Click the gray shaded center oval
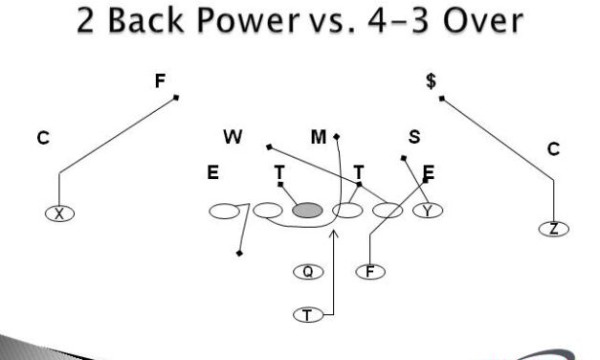pyautogui.click(x=307, y=211)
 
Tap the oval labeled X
pyautogui.click(x=59, y=214)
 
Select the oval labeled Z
pyautogui.click(x=553, y=229)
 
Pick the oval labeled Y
pyautogui.click(x=428, y=211)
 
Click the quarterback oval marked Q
pyautogui.click(x=308, y=272)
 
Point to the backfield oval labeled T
pyautogui.click(x=308, y=313)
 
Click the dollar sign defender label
pyautogui.click(x=432, y=81)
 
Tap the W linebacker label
pyautogui.click(x=233, y=137)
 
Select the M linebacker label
pyautogui.click(x=319, y=137)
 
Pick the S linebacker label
pyautogui.click(x=414, y=137)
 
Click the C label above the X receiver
pyautogui.click(x=43, y=139)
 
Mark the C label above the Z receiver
pyautogui.click(x=553, y=149)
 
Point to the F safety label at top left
pyautogui.click(x=161, y=81)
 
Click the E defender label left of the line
pyautogui.click(x=212, y=174)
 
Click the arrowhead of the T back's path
pyautogui.click(x=334, y=232)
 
